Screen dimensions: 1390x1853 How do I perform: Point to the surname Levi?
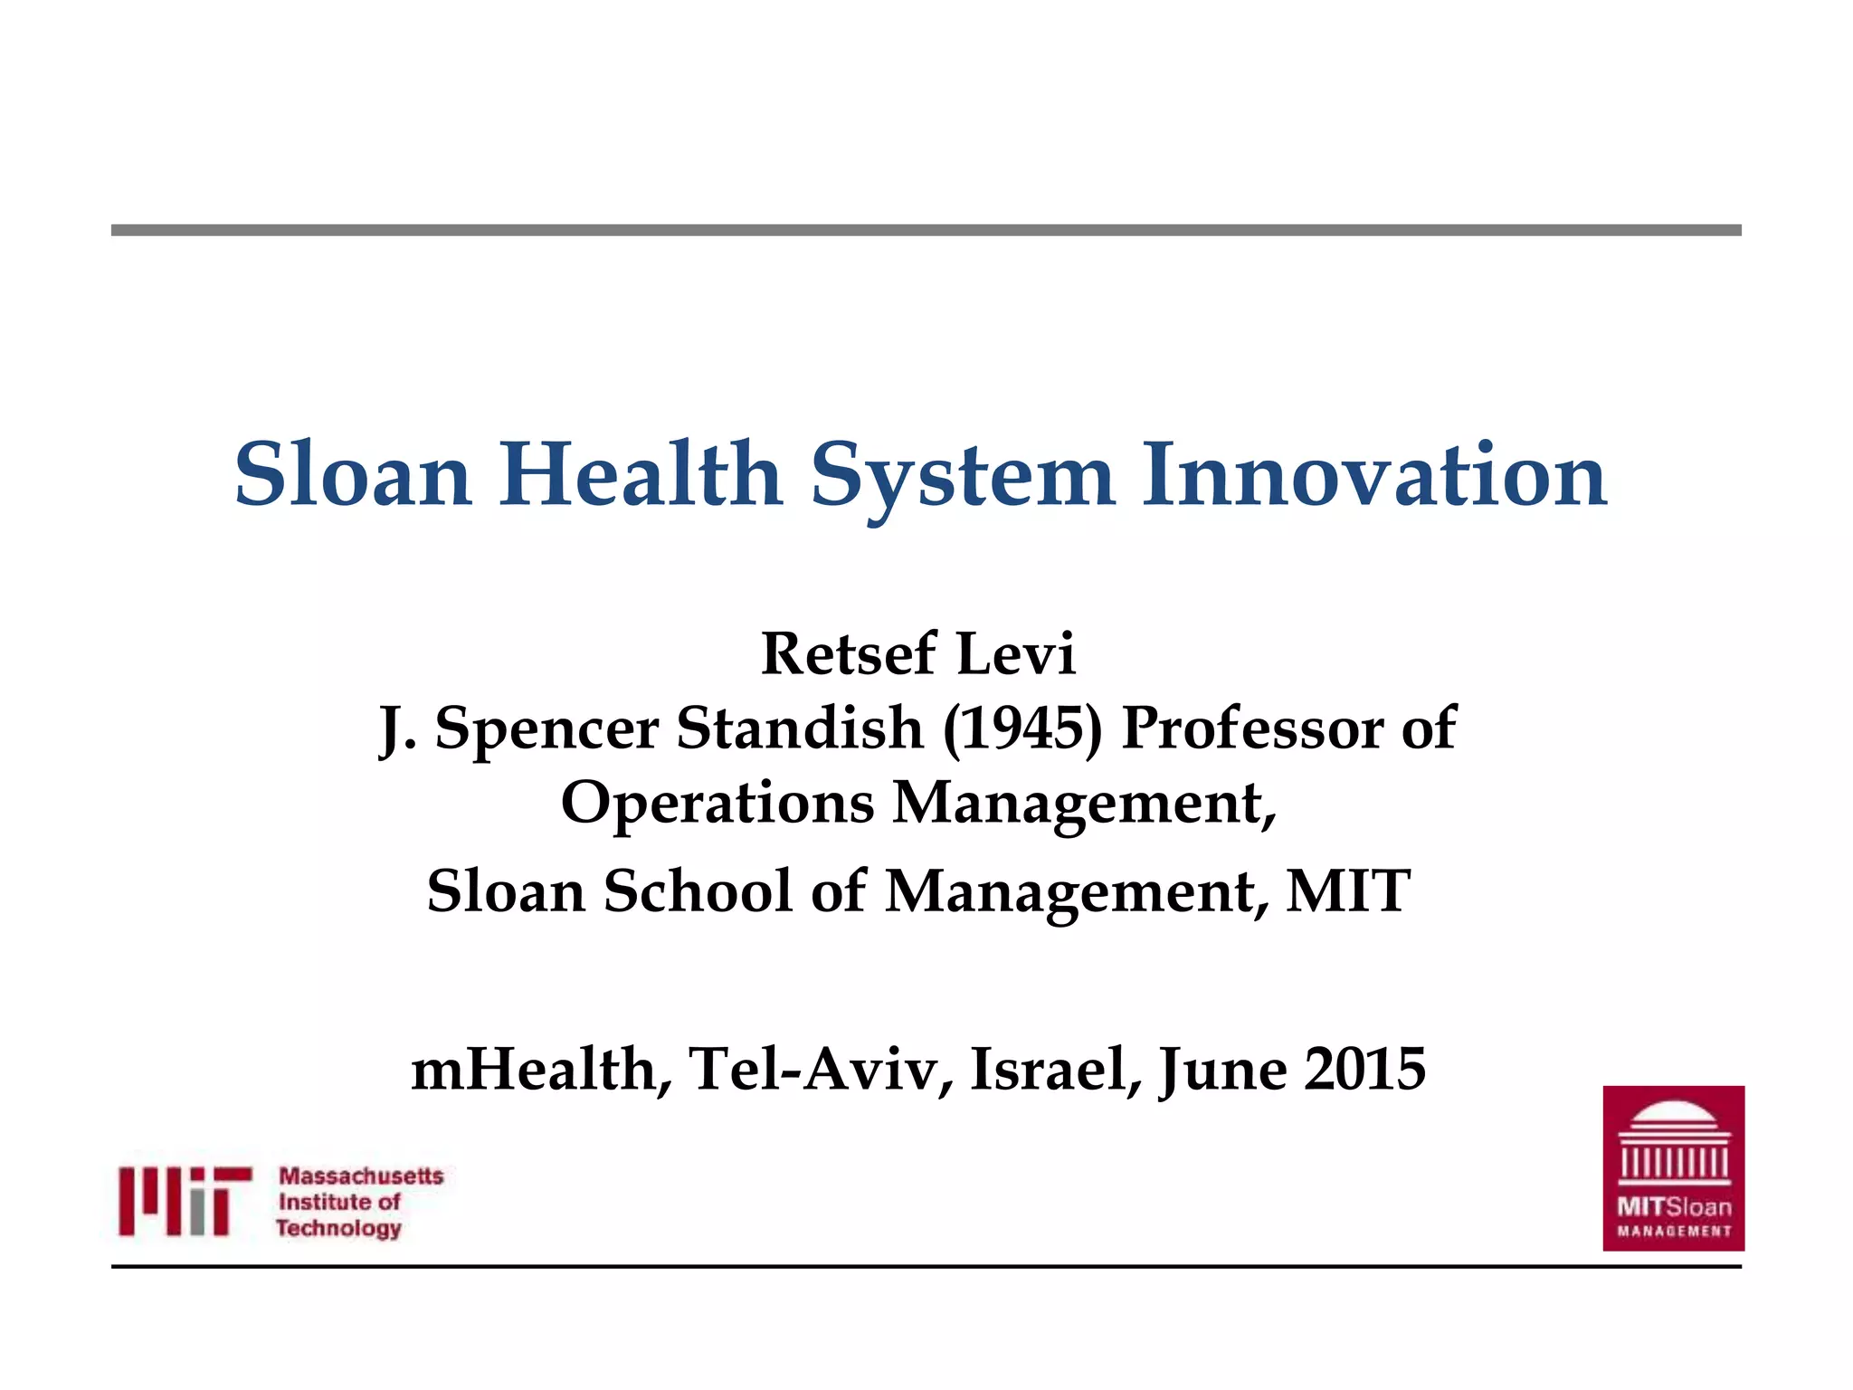tap(1016, 653)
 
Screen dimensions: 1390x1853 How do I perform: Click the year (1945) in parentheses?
tap(1022, 728)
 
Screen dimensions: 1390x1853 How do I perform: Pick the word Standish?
tap(800, 728)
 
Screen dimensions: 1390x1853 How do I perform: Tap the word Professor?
tap(1252, 728)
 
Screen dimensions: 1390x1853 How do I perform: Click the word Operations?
tap(717, 804)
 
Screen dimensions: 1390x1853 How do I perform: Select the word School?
tap(698, 891)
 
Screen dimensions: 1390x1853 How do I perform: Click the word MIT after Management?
tap(1348, 891)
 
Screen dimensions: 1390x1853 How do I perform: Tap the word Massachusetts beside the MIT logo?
tap(361, 1176)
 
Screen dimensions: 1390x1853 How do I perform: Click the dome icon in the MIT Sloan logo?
tap(1674, 1142)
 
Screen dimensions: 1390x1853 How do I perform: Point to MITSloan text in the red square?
tap(1674, 1206)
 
